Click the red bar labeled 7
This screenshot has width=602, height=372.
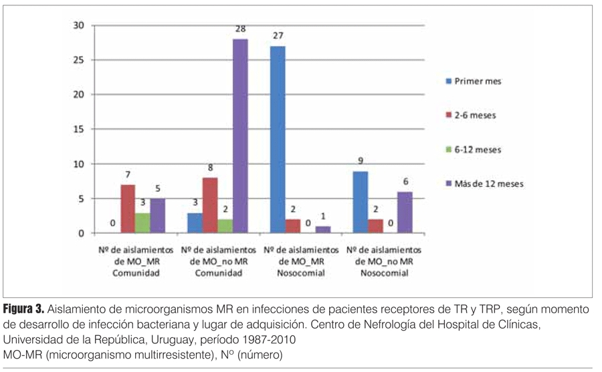tap(128, 208)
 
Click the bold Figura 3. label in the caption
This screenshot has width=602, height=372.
tap(24, 310)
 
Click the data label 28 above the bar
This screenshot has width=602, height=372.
tap(241, 29)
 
